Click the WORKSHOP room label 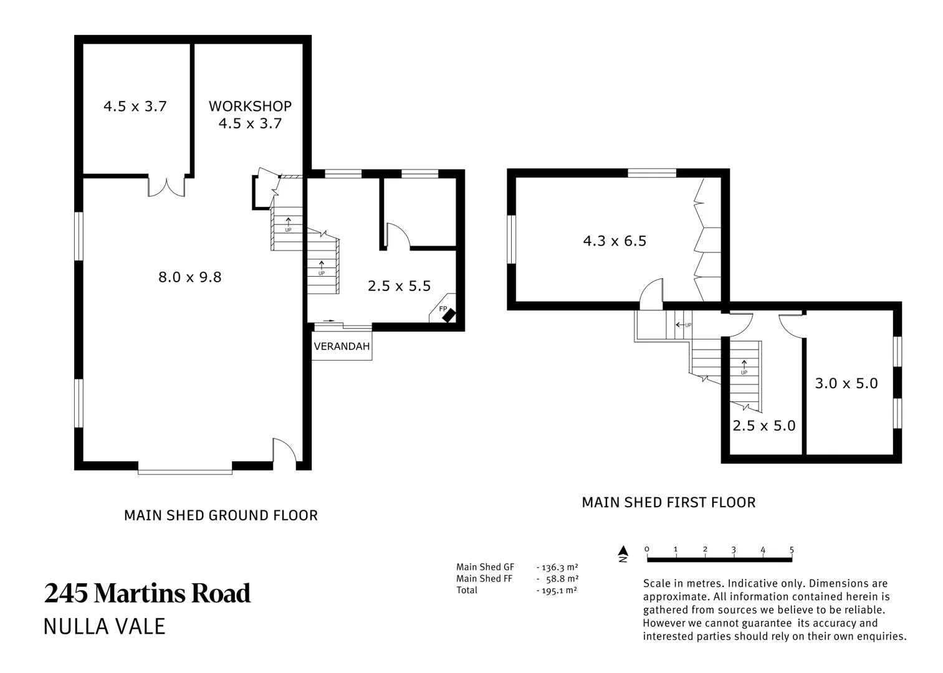coord(250,106)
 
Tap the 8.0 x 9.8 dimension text coord(190,277)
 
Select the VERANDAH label coord(342,346)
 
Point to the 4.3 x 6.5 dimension coord(615,241)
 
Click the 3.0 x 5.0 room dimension coord(846,383)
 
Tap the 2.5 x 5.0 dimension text coord(764,426)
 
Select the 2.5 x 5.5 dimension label coord(399,286)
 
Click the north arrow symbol coord(623,553)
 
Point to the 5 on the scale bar coord(792,549)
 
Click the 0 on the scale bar coord(646,549)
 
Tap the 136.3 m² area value coord(560,567)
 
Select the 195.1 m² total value coord(558,590)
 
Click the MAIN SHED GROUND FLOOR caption coord(221,515)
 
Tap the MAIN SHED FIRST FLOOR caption coord(669,502)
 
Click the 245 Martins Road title coord(147,593)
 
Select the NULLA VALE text coord(105,627)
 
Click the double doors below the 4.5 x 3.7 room coord(166,188)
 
